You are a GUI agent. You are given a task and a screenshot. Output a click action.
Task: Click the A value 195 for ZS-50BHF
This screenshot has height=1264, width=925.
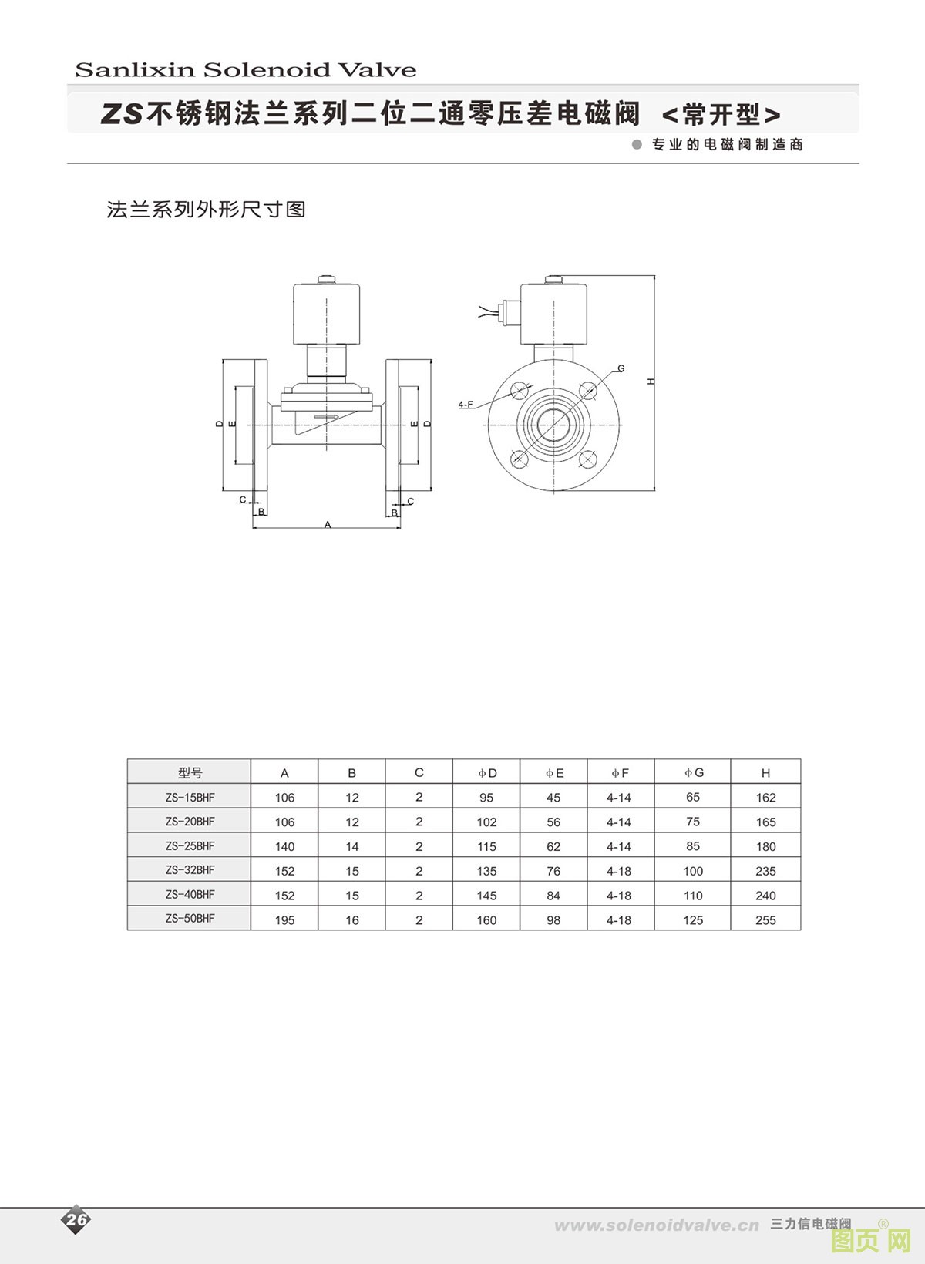tap(284, 920)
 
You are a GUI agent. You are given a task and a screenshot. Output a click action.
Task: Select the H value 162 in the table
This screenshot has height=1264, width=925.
tap(765, 798)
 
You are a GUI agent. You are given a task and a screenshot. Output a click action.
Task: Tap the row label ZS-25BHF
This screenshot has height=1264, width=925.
tap(190, 846)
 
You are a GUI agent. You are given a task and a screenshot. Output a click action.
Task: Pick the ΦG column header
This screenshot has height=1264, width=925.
tap(694, 772)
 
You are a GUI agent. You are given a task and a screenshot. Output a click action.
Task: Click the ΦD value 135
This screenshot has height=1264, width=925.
tap(486, 871)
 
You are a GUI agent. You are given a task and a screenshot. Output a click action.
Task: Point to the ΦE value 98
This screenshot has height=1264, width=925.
tap(553, 920)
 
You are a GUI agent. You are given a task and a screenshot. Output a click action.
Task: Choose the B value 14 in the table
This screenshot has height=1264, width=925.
tap(351, 846)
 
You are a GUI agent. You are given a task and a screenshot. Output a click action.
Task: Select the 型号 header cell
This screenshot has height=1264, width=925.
tap(190, 773)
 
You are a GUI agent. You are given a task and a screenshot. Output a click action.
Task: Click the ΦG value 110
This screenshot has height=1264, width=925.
tap(693, 896)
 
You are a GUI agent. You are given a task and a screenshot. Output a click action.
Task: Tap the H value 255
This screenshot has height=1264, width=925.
tap(765, 920)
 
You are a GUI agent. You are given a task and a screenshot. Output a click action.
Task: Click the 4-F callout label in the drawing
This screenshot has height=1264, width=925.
tap(466, 405)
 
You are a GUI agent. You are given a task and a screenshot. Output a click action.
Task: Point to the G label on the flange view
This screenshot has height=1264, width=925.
tap(621, 369)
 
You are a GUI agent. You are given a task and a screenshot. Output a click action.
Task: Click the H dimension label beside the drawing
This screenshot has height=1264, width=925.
tap(651, 381)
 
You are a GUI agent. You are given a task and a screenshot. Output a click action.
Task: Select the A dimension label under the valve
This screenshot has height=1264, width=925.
tap(328, 524)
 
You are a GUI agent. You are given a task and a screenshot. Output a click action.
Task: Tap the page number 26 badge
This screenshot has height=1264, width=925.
tap(76, 1219)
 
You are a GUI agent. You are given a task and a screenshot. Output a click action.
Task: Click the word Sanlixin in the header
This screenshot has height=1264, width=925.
tap(134, 70)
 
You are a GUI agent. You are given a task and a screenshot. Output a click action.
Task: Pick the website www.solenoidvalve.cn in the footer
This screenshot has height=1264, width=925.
tap(656, 1225)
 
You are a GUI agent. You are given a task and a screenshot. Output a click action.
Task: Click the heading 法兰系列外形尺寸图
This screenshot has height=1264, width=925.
tap(206, 210)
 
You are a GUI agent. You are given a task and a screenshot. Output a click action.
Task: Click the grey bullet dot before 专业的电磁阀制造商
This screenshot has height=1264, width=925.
tap(637, 144)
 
